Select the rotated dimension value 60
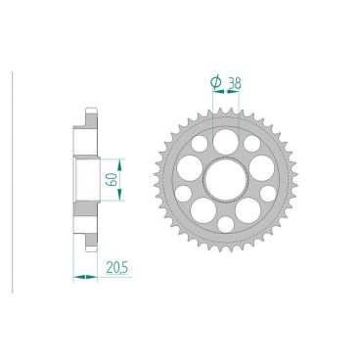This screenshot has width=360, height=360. point(112,180)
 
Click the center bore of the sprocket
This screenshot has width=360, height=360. point(225,180)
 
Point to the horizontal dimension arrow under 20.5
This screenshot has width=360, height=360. point(86,277)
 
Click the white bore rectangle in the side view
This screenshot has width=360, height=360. point(86,180)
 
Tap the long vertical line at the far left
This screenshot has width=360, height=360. point(11,180)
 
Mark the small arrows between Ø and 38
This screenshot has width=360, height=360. point(226,96)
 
